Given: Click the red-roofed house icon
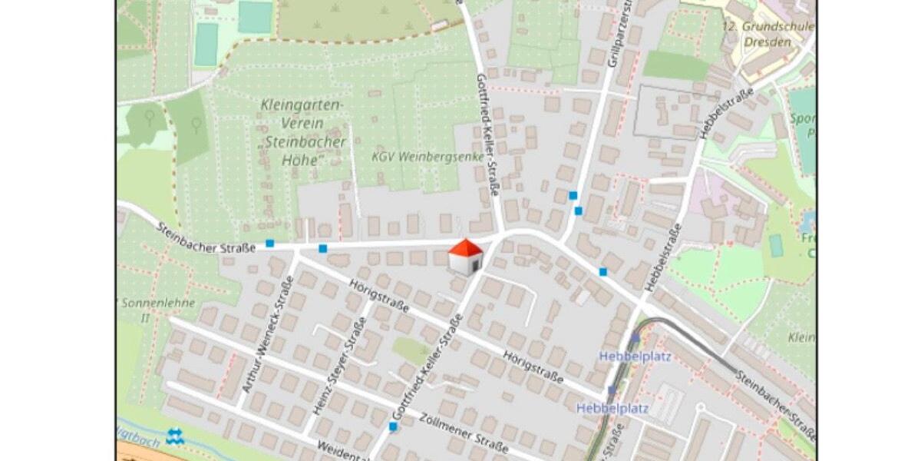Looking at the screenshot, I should click(465, 257).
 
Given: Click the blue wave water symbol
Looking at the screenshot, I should click(175, 437).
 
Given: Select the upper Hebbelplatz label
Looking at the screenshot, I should click(623, 356).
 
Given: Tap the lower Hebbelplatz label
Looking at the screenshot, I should click(612, 408).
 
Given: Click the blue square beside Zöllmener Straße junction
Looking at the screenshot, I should click(393, 426).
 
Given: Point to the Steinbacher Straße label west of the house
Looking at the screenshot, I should click(206, 238).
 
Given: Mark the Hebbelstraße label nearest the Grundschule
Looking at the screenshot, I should click(726, 113).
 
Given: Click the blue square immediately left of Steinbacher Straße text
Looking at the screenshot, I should click(269, 244).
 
